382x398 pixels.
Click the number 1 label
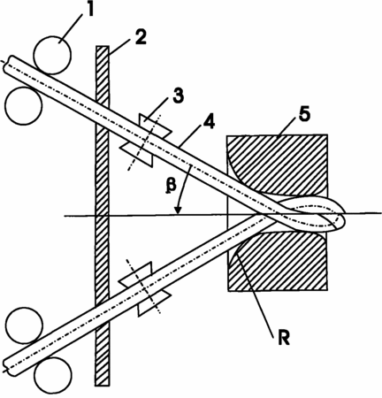pyautogui.click(x=89, y=10)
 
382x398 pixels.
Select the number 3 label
pyautogui.click(x=178, y=96)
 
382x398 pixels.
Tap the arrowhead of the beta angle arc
pyautogui.click(x=178, y=210)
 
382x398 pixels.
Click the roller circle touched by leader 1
pyautogui.click(x=52, y=55)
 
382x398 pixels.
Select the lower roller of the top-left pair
pyautogui.click(x=24, y=106)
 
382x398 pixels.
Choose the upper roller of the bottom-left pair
pyautogui.click(x=24, y=325)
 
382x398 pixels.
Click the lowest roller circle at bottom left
pyautogui.click(x=53, y=375)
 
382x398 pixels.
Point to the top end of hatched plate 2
pyautogui.click(x=103, y=46)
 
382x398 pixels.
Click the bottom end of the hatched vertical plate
pyautogui.click(x=103, y=385)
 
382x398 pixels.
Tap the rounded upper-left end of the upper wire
pyautogui.click(x=6, y=64)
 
